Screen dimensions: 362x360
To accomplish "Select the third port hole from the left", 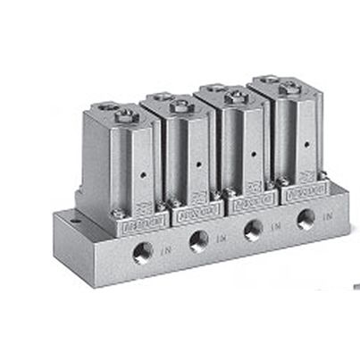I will click(254, 229).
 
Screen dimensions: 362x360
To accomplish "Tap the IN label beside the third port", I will click(276, 226).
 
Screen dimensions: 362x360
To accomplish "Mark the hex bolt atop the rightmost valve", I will click(290, 87).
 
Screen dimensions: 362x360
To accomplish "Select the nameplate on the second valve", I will click(191, 214).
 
